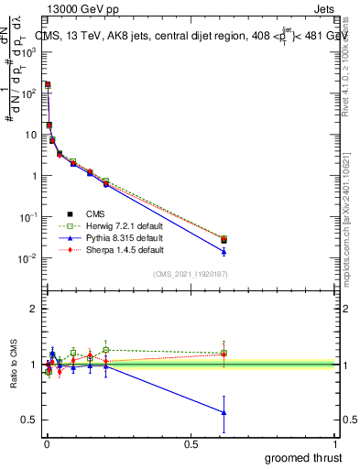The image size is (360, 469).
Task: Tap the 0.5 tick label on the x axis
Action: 191,443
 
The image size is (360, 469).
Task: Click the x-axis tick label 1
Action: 337,443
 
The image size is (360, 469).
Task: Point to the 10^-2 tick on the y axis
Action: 27,258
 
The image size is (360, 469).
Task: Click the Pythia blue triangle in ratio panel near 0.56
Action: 224,412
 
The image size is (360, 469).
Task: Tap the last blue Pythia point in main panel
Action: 224,251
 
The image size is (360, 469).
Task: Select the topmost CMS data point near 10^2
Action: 47,84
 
